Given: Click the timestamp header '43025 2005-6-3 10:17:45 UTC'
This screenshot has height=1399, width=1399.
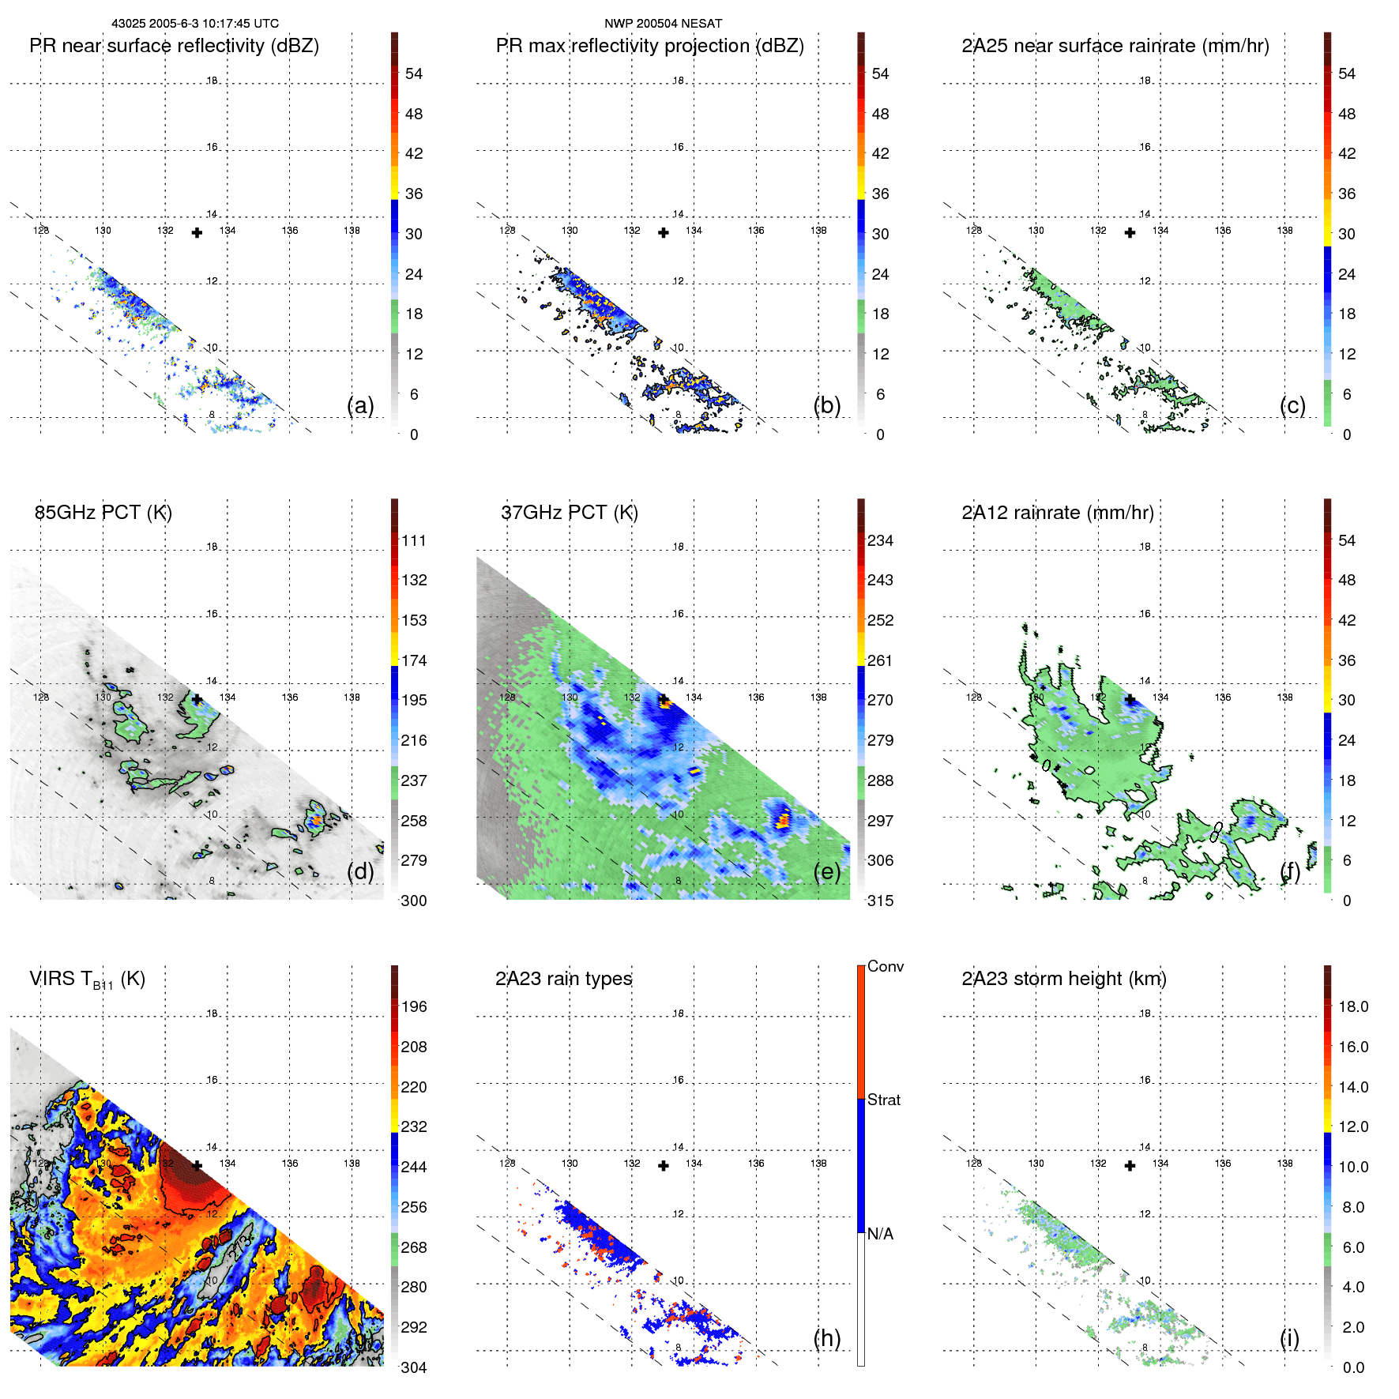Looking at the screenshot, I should tap(194, 24).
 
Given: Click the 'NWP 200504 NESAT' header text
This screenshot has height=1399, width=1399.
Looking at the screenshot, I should tap(663, 24).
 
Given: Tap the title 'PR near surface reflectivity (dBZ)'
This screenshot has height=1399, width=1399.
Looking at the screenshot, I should tap(174, 46).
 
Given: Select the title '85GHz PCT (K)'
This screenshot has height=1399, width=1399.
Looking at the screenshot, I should tap(103, 513).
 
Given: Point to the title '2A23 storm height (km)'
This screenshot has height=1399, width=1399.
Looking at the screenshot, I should tap(1063, 979).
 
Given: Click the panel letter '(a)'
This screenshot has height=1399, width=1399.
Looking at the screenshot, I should tap(360, 405).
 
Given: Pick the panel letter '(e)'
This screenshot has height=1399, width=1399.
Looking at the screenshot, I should tap(826, 871).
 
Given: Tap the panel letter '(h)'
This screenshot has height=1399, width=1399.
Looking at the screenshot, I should tap(826, 1338).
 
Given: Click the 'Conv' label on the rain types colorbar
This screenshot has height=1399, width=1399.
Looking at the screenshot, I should tap(885, 966).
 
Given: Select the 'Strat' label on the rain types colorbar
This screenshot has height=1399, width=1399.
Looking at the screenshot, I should tap(883, 1100).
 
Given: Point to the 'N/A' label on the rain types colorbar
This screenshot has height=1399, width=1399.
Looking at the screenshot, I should tap(880, 1234).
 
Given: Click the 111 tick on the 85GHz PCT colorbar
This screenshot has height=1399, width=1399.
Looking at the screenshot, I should tap(413, 540).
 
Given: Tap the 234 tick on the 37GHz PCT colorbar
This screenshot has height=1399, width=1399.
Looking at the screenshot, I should tap(880, 540).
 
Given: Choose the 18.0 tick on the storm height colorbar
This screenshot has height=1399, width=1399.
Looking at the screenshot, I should tap(1352, 1006).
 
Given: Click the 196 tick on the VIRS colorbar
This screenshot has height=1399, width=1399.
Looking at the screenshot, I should tap(413, 1006).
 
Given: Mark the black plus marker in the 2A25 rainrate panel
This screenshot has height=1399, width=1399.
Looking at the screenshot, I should tap(1130, 232).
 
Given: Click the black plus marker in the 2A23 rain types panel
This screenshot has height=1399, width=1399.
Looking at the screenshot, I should tap(664, 1166).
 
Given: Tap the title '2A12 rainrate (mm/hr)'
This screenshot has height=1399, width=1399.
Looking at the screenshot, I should tap(1057, 513).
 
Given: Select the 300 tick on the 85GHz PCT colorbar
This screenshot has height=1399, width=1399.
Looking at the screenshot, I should tap(413, 901).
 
